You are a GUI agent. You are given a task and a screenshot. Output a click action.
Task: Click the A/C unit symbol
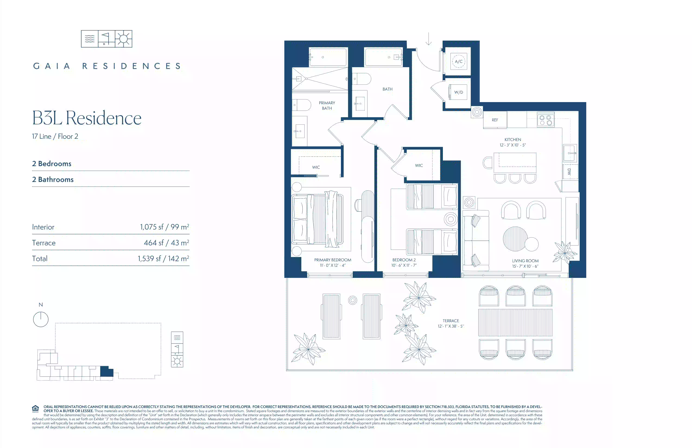click(458, 61)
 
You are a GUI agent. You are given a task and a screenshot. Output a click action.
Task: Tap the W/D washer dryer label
click(458, 92)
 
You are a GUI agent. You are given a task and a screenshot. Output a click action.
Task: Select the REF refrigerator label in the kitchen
click(495, 120)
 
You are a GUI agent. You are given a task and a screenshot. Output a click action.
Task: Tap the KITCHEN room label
click(513, 140)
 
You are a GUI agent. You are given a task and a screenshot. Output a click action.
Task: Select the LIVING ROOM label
click(525, 261)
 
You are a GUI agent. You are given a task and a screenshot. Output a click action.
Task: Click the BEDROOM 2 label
click(404, 260)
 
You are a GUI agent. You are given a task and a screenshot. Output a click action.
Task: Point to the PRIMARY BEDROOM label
click(333, 260)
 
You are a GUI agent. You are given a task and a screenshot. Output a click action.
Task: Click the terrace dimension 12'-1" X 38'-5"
click(451, 326)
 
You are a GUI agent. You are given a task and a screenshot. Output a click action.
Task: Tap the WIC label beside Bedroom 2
click(419, 165)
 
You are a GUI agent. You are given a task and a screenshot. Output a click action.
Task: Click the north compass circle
click(41, 319)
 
